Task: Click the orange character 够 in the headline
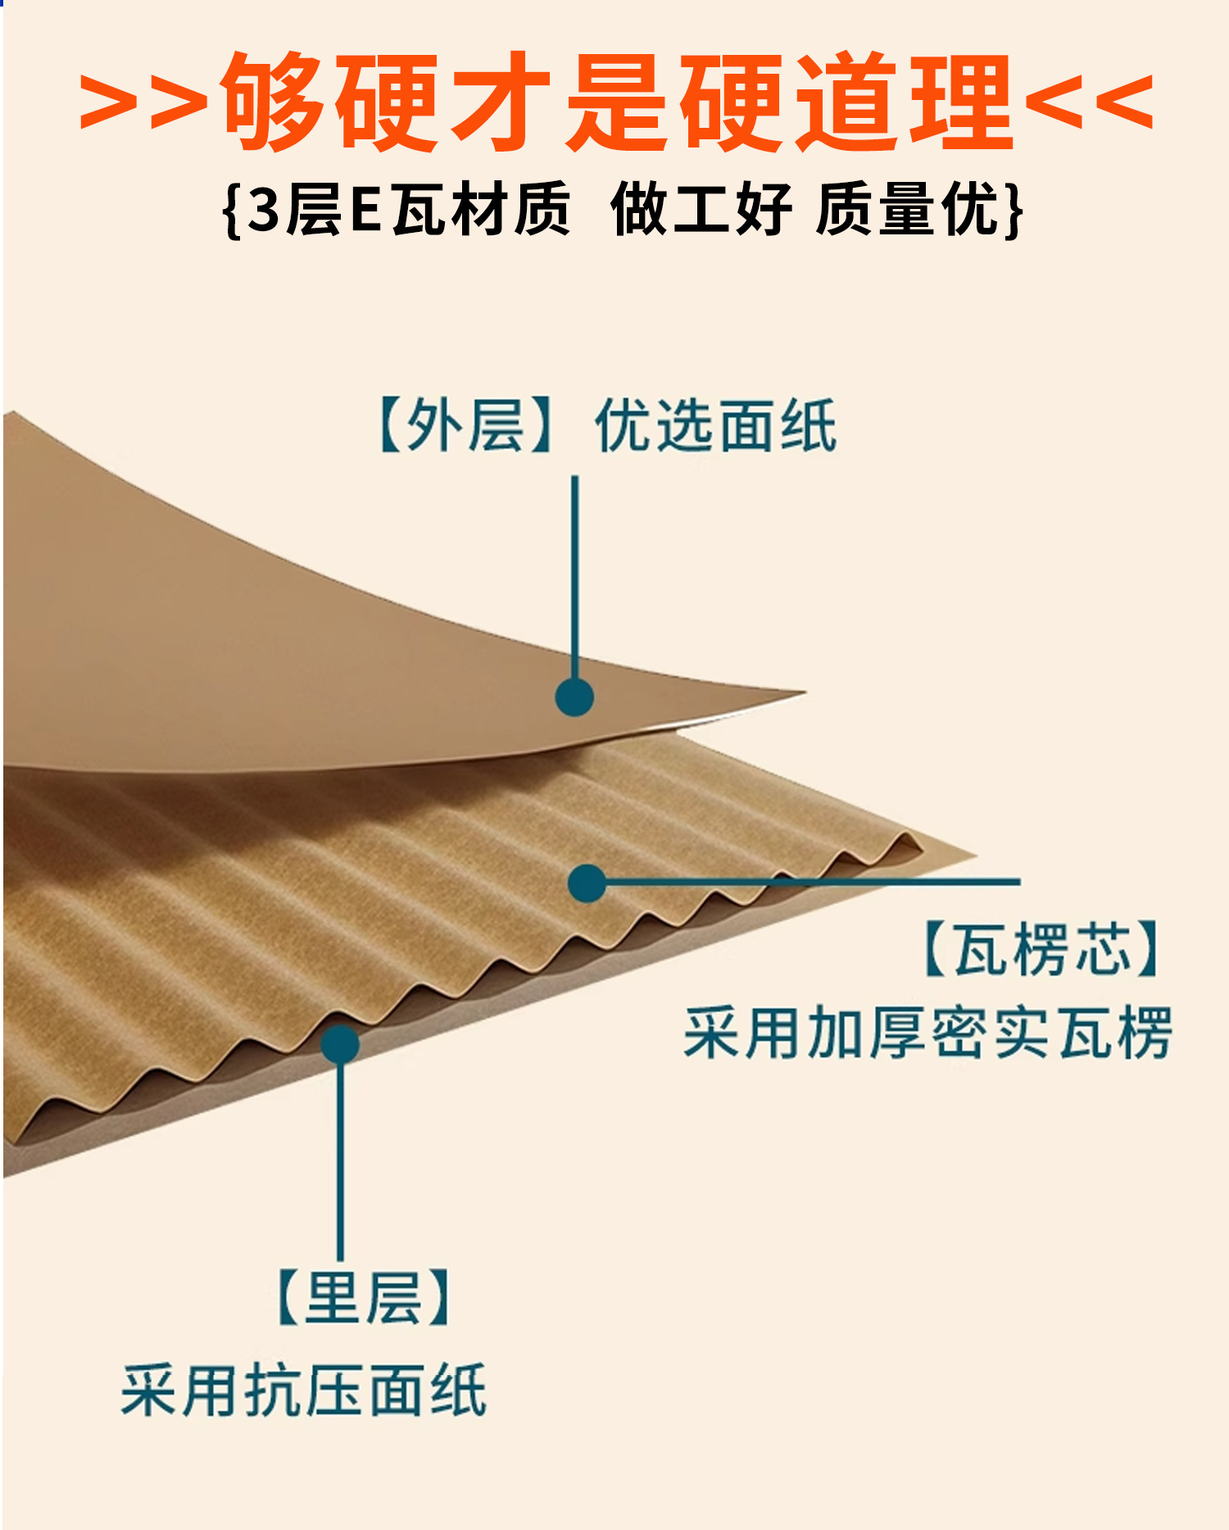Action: click(x=271, y=102)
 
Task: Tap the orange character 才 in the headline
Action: click(x=501, y=102)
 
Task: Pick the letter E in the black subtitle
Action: click(x=365, y=210)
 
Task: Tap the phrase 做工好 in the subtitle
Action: click(x=701, y=210)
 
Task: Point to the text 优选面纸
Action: click(x=715, y=425)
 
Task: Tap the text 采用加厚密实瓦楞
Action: click(x=927, y=1033)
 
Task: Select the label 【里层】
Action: click(x=364, y=1296)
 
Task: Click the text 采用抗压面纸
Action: click(x=304, y=1390)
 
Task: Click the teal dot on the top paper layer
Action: click(x=574, y=697)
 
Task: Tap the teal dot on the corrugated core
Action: click(x=587, y=883)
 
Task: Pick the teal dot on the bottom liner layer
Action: click(x=340, y=1044)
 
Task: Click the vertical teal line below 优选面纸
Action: click(x=574, y=574)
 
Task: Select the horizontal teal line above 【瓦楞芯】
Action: click(x=819, y=882)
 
